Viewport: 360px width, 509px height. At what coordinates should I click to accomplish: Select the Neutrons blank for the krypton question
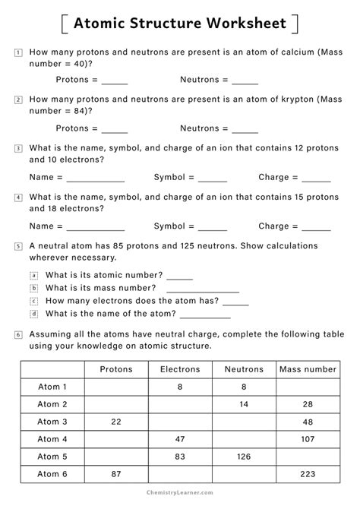[x=245, y=130]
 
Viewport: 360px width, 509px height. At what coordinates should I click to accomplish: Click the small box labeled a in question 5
[x=33, y=275]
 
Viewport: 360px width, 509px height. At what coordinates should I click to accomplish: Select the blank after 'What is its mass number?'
[x=202, y=289]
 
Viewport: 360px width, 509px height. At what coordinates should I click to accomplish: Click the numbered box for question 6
[x=17, y=334]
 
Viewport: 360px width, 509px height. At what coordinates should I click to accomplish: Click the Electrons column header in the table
[x=180, y=369]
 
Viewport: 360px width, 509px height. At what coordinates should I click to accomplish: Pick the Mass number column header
[x=308, y=369]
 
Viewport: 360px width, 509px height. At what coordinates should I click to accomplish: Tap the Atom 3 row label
[x=52, y=422]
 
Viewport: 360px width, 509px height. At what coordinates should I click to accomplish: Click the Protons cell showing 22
[x=115, y=422]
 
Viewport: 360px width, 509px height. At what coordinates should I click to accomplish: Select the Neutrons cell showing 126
[x=244, y=457]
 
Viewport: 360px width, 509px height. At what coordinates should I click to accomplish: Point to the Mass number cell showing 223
[x=308, y=474]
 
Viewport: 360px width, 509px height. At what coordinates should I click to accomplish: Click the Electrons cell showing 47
[x=180, y=439]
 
